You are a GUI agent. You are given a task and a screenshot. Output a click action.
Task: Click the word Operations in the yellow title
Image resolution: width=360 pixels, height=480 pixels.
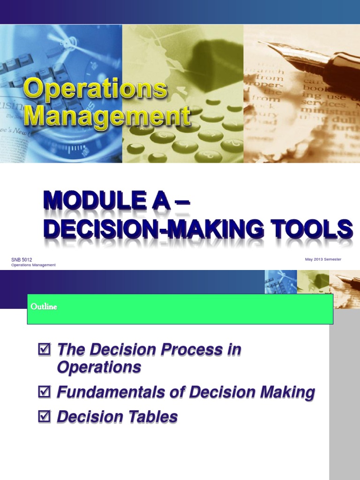(x=95, y=89)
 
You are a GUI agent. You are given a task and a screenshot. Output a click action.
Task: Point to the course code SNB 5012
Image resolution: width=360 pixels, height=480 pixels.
(x=22, y=259)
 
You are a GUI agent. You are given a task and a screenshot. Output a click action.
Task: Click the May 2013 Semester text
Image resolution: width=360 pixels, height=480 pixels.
(x=323, y=259)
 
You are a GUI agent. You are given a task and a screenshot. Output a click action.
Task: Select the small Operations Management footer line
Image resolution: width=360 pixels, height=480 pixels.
(x=33, y=265)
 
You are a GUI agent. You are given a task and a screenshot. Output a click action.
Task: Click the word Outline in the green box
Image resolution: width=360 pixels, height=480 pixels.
(x=44, y=307)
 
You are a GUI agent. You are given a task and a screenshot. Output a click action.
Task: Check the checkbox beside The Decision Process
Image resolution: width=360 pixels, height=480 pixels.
(x=43, y=349)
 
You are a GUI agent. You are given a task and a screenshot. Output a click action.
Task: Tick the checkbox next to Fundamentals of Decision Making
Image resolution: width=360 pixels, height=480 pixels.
(x=43, y=392)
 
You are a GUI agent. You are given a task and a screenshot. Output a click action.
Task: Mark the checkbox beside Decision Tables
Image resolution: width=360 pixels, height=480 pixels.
(x=43, y=416)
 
